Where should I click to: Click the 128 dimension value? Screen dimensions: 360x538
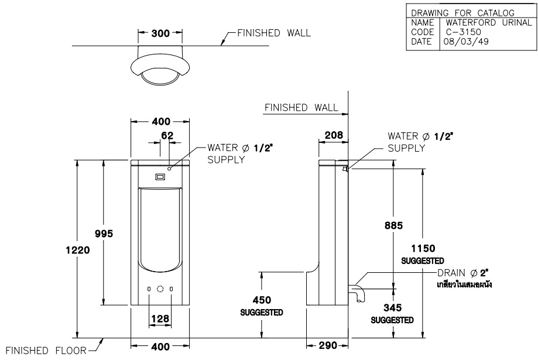point(160,319)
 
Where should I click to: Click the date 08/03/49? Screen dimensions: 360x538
point(459,43)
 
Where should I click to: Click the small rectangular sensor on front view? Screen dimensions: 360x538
point(160,176)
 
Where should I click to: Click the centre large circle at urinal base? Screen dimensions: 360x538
point(160,289)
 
